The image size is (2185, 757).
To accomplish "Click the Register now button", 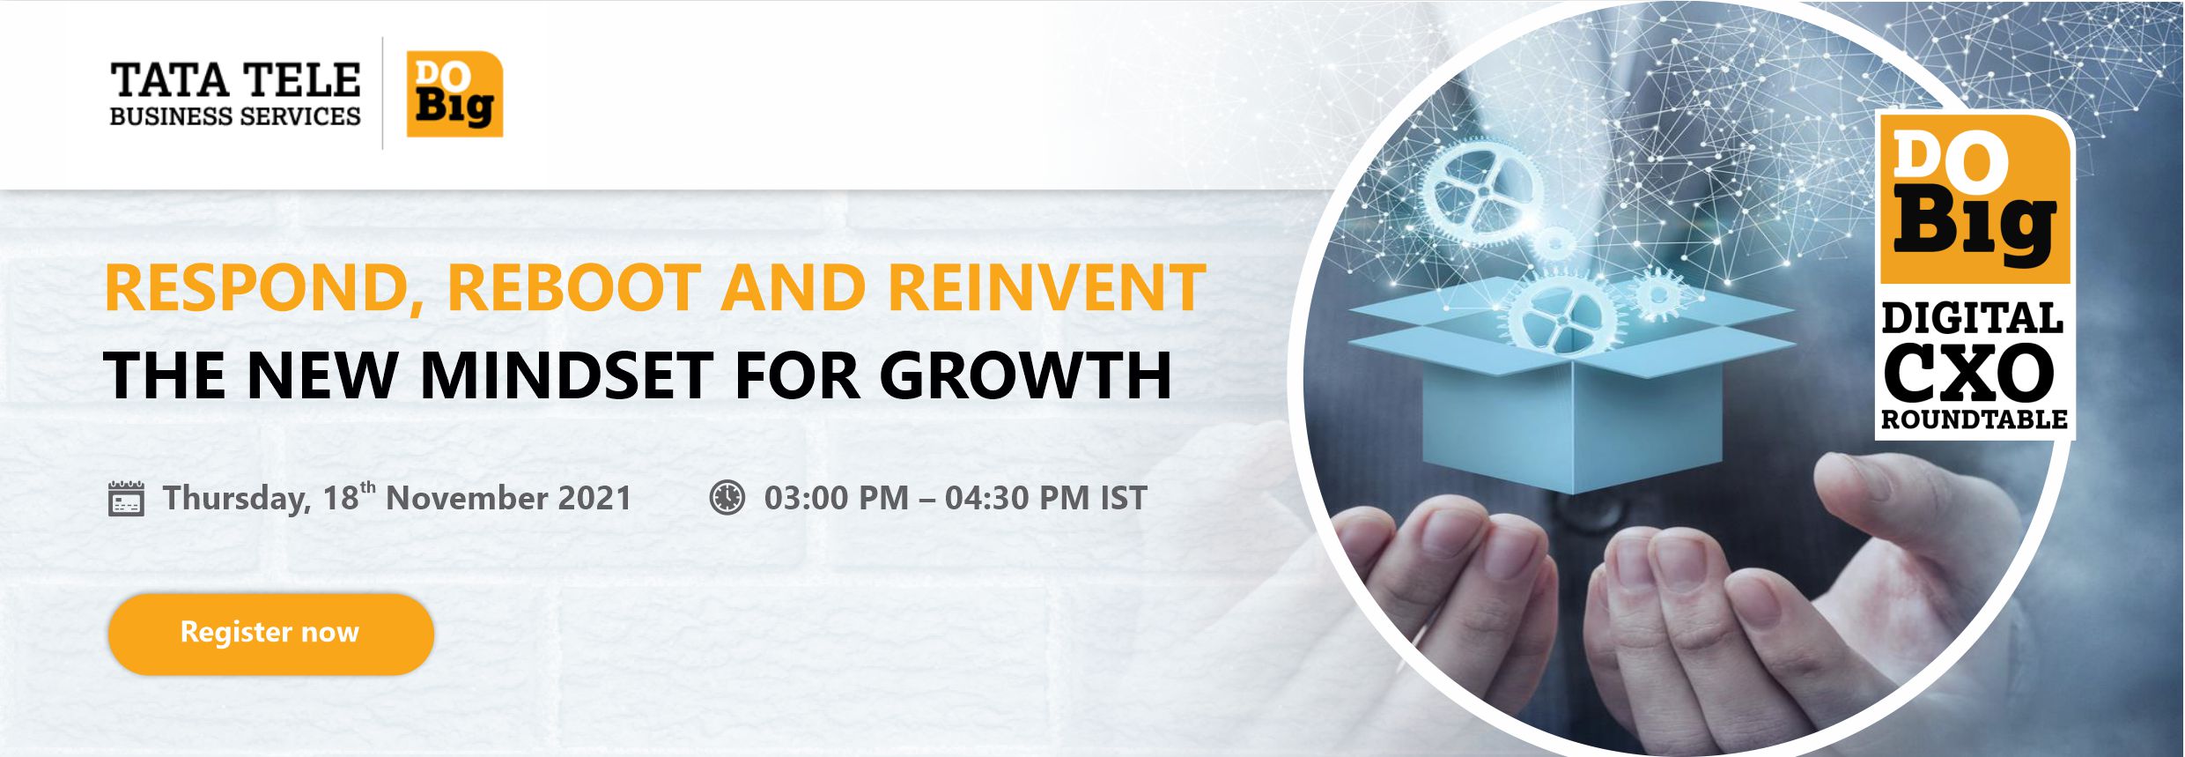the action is point(271,634).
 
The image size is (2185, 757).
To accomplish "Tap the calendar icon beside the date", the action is point(125,498).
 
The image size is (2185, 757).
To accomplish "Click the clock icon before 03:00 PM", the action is point(727,497).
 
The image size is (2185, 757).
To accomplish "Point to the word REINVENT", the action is point(1046,287).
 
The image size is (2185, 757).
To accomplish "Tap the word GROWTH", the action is point(1025,375).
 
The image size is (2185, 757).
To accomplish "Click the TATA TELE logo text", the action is point(235,80).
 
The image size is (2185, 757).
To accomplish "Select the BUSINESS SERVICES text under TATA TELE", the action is point(235,116).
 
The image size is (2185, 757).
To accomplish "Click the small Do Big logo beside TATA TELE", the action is point(454,94).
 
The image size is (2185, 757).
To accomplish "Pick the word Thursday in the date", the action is point(237,499).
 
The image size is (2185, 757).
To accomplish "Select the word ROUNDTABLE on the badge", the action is point(1974,419).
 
